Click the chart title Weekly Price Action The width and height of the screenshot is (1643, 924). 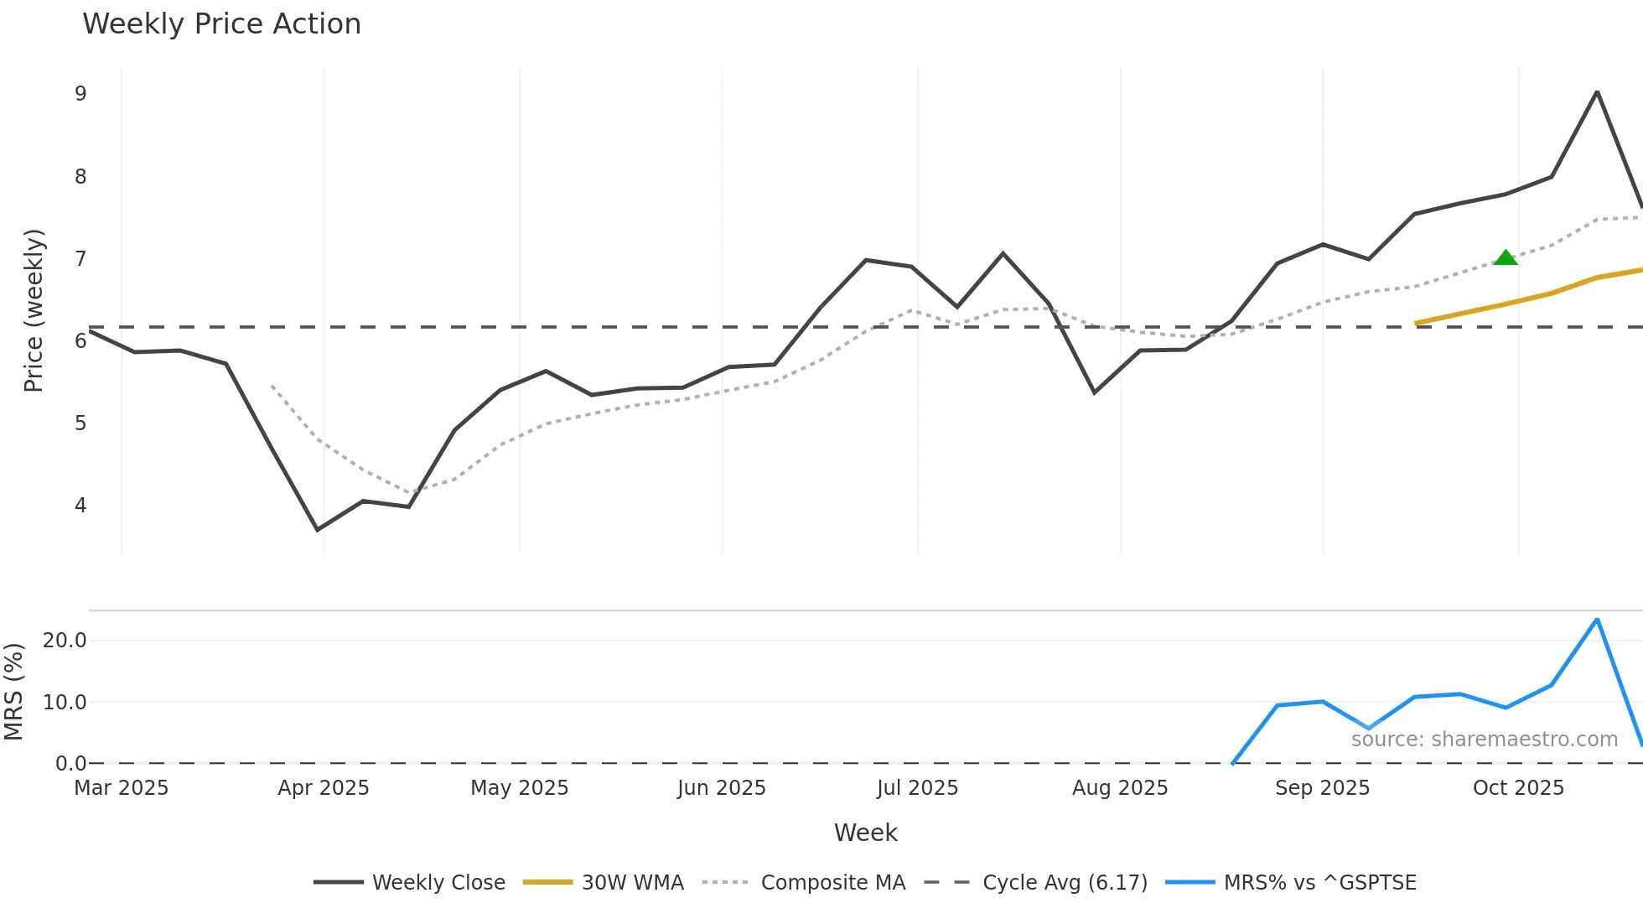point(221,24)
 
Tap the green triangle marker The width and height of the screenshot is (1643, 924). point(1506,258)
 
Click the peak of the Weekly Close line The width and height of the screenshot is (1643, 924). point(1597,91)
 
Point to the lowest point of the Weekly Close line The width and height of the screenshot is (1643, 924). point(318,529)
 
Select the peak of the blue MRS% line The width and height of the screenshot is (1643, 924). point(1597,620)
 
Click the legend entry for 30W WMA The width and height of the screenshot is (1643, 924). point(604,883)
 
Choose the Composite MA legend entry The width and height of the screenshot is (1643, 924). point(804,883)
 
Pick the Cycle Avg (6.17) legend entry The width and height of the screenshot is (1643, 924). point(1035,883)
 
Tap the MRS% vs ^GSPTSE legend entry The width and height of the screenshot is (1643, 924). point(1291,883)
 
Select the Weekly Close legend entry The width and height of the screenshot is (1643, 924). point(410,883)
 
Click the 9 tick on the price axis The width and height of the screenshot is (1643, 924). point(80,94)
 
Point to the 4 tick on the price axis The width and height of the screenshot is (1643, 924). point(80,506)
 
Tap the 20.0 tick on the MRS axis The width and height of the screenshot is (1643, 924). point(65,641)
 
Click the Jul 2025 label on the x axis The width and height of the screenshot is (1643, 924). point(917,788)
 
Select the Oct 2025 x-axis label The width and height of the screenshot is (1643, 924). point(1518,788)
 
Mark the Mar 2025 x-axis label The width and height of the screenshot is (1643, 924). point(122,788)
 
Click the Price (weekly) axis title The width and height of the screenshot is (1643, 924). point(34,310)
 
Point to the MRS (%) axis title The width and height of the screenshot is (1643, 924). point(13,692)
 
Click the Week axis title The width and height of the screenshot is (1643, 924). point(865,833)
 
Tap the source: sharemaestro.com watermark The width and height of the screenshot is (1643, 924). point(1484,740)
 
